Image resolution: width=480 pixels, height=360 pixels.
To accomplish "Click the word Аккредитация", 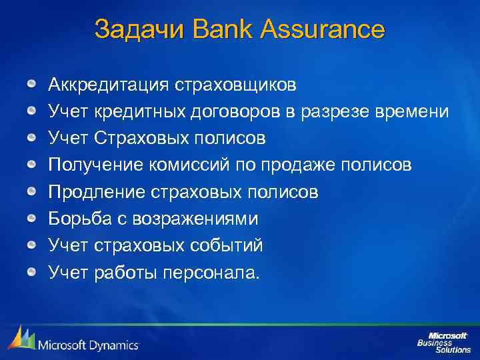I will tap(109, 85).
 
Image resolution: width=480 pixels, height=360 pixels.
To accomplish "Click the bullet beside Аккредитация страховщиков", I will tap(32, 85).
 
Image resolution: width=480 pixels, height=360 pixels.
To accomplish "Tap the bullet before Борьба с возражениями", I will tap(32, 218).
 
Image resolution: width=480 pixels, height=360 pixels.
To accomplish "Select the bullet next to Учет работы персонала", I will tap(32, 271).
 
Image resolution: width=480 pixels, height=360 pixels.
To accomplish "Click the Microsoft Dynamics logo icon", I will tap(21, 339).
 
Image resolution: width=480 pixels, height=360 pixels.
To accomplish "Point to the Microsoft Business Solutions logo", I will tap(443, 341).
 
